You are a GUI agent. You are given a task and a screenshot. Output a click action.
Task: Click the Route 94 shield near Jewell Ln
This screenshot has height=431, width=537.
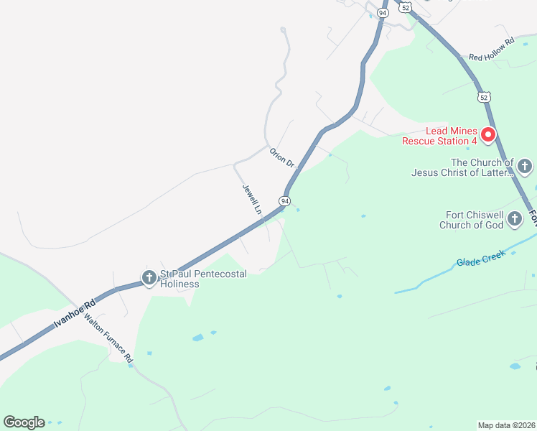[x=286, y=201]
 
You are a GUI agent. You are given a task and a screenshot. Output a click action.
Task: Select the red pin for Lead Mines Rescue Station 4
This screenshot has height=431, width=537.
[x=488, y=134]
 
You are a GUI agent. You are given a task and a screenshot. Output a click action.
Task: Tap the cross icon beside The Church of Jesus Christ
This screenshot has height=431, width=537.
[x=525, y=167]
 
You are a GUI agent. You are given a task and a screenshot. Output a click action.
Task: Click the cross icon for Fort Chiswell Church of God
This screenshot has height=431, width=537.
[x=515, y=219]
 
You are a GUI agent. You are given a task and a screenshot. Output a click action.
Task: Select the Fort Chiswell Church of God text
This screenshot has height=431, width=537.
[x=473, y=220]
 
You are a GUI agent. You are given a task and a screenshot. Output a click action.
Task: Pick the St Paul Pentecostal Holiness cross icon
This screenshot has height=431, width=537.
[x=149, y=278]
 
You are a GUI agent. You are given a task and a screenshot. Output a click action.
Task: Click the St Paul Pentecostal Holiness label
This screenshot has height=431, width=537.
[x=203, y=279]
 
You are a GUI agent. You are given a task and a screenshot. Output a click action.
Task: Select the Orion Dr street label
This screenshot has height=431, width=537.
[x=282, y=157]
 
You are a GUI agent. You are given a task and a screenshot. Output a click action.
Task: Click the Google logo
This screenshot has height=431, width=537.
[x=24, y=422]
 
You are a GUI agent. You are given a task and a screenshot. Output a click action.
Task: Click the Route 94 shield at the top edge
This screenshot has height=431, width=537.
[x=383, y=12]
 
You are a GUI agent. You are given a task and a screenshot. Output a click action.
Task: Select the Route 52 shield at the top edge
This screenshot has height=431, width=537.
[x=406, y=7]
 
